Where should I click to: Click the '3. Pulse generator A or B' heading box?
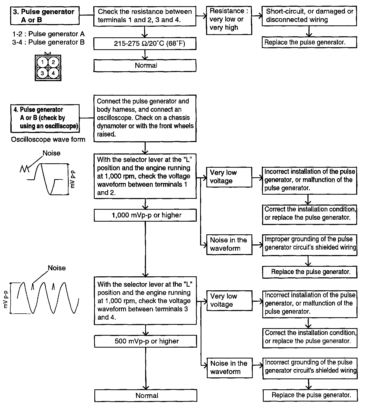[x=45, y=16]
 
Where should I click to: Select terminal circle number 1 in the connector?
[x=43, y=62]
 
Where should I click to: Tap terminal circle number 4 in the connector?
[x=53, y=73]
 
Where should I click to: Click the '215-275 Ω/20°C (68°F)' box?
[x=145, y=44]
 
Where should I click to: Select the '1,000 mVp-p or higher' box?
[x=145, y=215]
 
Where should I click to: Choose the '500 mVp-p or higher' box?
[x=145, y=341]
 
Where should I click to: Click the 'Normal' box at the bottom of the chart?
[x=146, y=396]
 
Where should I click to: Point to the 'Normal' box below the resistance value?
[x=145, y=66]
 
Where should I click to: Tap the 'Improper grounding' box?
[x=310, y=243]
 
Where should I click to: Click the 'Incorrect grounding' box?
[x=310, y=367]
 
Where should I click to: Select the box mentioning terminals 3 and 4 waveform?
[x=145, y=301]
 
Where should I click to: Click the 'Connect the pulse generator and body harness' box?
[x=145, y=118]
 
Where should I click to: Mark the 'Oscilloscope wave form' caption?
[x=48, y=139]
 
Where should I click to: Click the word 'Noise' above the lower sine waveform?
[x=57, y=268]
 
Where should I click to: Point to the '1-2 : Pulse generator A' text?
[x=48, y=34]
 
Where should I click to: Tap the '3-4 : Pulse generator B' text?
[x=48, y=42]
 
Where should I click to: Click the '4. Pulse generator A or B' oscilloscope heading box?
[x=45, y=118]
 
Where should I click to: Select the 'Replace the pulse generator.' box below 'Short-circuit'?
[x=309, y=42]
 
